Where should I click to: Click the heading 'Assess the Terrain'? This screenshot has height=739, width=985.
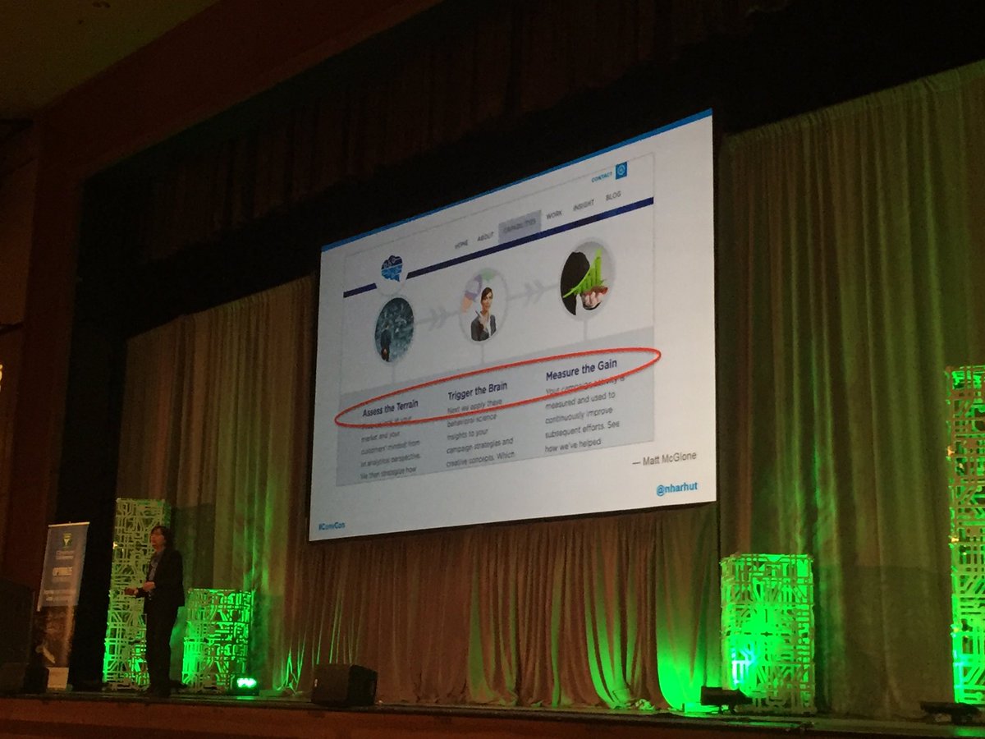coord(392,408)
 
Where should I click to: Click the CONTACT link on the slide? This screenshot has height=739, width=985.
coord(602,177)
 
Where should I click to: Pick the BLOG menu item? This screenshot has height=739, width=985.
coord(612,198)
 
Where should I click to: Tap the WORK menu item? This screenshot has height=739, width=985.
coord(553,214)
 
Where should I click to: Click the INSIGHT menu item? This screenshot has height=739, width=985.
coord(584,206)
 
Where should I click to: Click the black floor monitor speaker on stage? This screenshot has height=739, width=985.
coord(344,683)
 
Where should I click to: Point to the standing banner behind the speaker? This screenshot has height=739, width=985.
coord(62,575)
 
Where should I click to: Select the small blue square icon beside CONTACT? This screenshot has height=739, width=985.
coord(621,168)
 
